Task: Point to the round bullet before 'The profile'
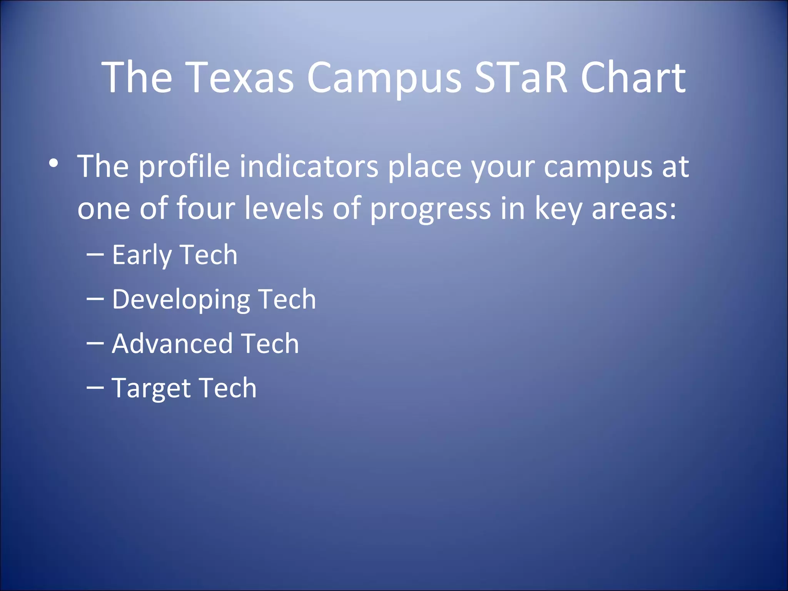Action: point(54,164)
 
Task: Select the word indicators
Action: point(309,167)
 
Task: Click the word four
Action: point(205,208)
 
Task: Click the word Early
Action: point(142,255)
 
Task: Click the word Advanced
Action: point(172,343)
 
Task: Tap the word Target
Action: point(151,388)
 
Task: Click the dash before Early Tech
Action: point(95,254)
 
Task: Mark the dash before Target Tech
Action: point(95,387)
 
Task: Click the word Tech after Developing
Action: point(287,299)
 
